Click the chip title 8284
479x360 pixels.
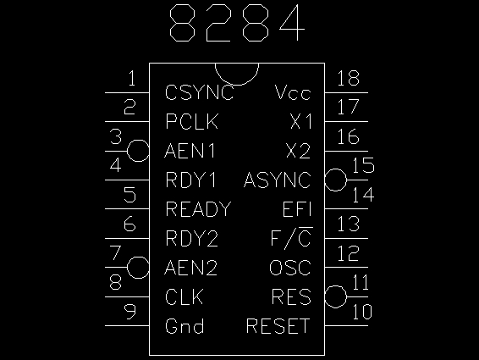[237, 23]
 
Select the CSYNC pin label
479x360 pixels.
[200, 92]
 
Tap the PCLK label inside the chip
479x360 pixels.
[192, 121]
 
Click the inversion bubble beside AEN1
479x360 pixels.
[138, 151]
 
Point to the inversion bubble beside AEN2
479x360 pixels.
[138, 268]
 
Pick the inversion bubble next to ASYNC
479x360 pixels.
[336, 180]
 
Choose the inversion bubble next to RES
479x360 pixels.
[336, 296]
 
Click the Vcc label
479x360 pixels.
[293, 92]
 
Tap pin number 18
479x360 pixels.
[349, 78]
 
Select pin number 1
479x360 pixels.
[132, 78]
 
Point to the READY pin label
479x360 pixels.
[198, 209]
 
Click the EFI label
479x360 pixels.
[297, 209]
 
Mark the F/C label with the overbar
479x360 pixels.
[292, 237]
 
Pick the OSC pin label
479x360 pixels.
[290, 268]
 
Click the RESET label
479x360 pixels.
[278, 326]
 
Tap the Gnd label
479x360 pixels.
[184, 326]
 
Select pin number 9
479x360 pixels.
[129, 312]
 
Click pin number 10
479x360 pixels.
[362, 312]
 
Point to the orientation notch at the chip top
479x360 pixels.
[237, 85]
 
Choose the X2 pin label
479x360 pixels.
[299, 151]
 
